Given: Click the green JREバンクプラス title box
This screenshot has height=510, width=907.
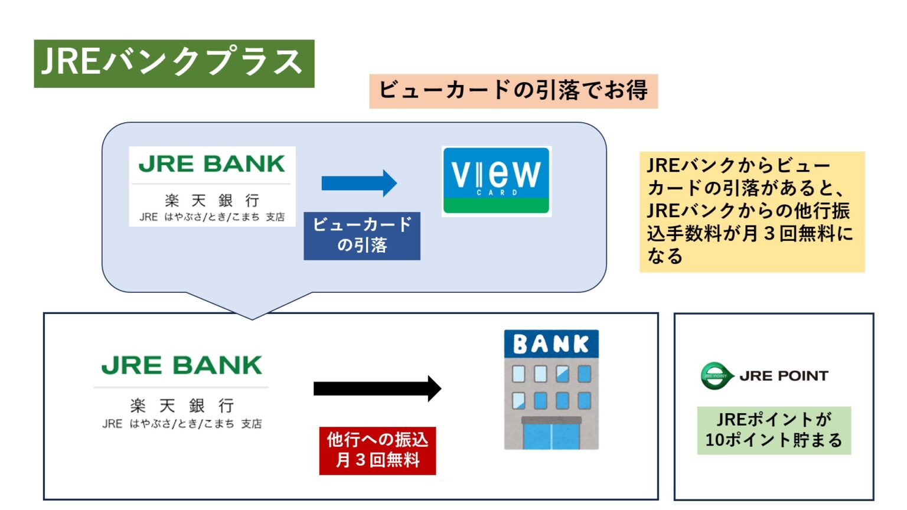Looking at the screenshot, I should click(x=174, y=63).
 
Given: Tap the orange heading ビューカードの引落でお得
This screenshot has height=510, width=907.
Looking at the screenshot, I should click(x=513, y=91).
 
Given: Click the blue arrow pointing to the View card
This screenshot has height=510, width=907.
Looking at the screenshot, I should click(x=359, y=183).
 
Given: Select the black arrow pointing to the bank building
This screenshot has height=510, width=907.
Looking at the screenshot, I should click(x=377, y=388).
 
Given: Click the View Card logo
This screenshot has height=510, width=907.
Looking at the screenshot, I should click(x=496, y=181).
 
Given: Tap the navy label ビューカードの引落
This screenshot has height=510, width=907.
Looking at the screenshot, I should click(x=361, y=236).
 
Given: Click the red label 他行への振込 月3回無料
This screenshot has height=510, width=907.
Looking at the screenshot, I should click(x=377, y=450).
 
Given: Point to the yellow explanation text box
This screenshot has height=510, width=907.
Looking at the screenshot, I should click(x=751, y=211).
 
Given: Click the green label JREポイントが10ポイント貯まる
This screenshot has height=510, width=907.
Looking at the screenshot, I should click(x=774, y=430).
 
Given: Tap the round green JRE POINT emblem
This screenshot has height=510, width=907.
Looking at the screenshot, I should click(x=716, y=376).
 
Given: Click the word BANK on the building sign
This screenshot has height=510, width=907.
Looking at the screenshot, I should click(x=551, y=344).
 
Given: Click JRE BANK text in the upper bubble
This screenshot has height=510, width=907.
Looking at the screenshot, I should click(x=212, y=164).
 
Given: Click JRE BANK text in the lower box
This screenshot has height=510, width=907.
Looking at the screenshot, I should click(x=181, y=366).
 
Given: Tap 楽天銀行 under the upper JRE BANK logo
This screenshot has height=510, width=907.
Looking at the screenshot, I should click(x=212, y=201).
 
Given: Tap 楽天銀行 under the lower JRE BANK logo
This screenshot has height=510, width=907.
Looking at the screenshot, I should click(x=181, y=406).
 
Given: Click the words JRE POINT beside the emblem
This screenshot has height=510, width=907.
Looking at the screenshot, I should click(x=783, y=376).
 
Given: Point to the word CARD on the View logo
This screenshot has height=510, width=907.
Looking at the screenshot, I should click(x=496, y=192).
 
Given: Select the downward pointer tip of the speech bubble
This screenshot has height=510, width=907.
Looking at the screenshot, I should click(x=252, y=318).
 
